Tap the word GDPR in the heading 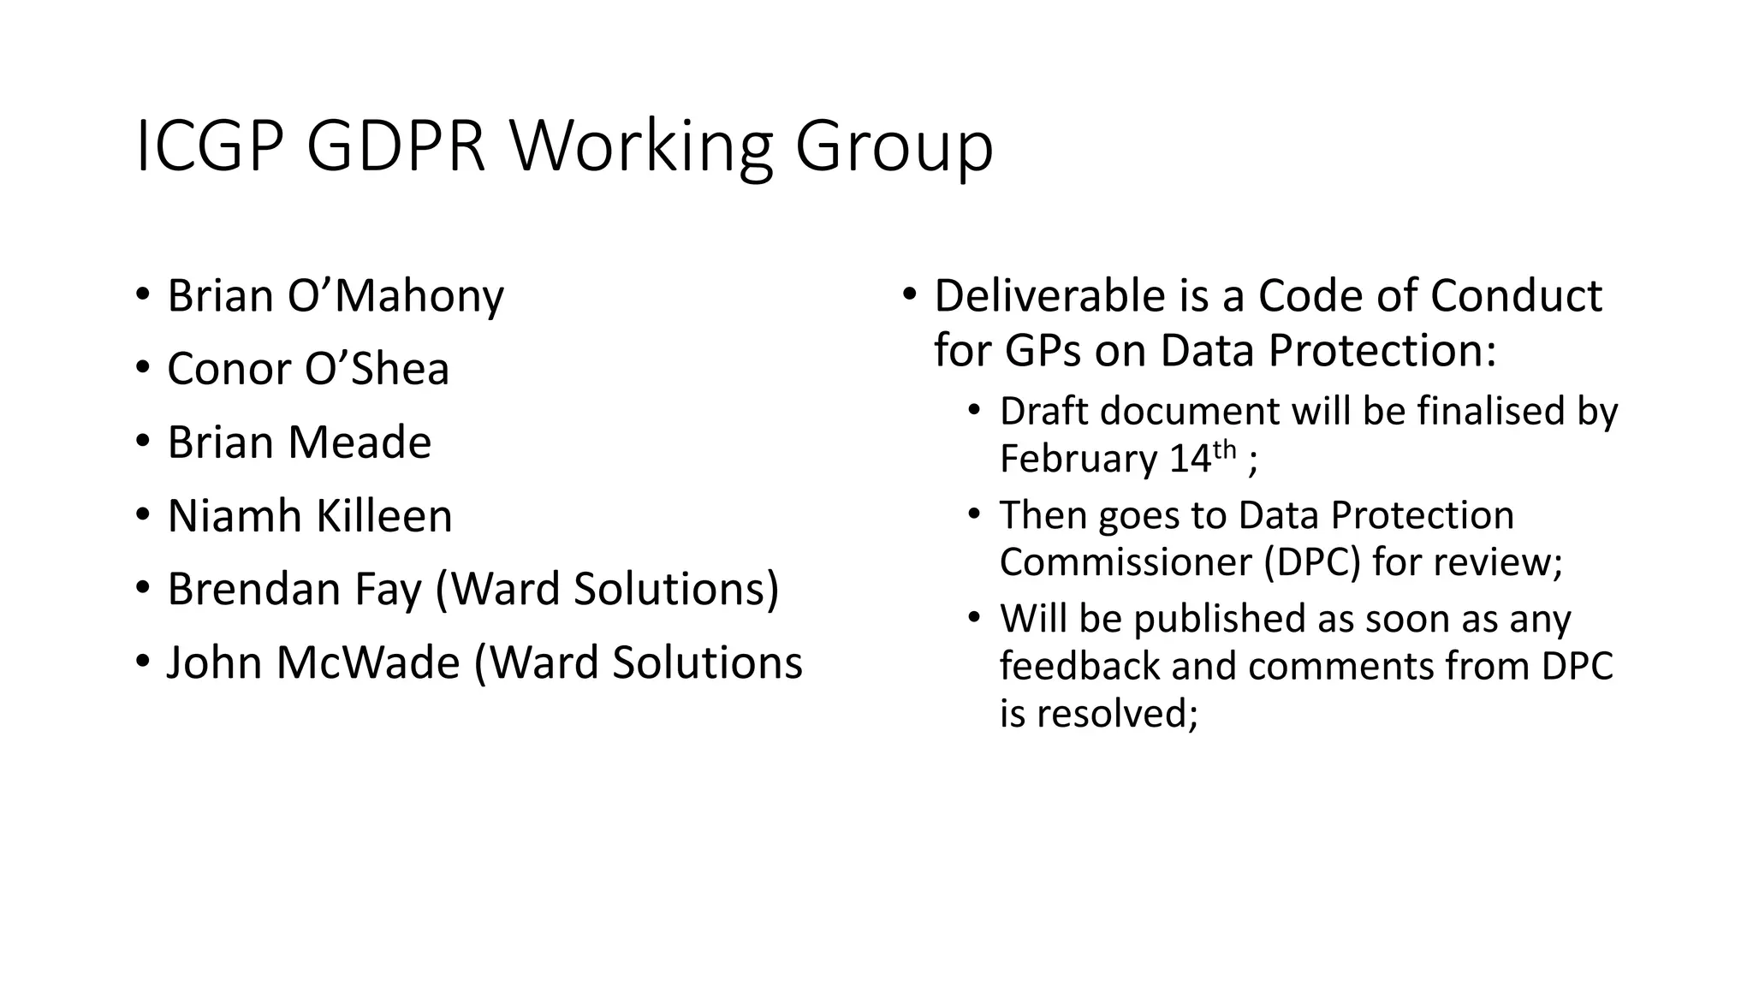(x=395, y=146)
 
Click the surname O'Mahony (x=395, y=296)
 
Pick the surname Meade (x=359, y=443)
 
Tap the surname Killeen (x=383, y=516)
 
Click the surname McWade (x=368, y=662)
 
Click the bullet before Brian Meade (x=142, y=443)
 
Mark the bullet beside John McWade (x=142, y=662)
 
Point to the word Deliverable (x=1049, y=296)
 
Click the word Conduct (x=1516, y=296)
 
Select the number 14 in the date (x=1190, y=459)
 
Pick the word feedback (x=1080, y=666)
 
